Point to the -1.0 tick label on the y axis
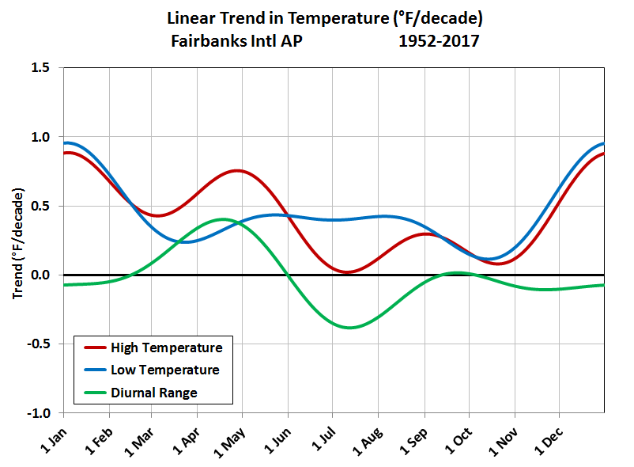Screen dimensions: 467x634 [x=39, y=413]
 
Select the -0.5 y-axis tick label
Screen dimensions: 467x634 [x=39, y=344]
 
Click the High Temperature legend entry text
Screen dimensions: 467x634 [x=166, y=347]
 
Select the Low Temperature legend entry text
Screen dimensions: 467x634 [x=164, y=370]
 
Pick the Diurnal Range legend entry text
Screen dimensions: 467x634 [x=153, y=392]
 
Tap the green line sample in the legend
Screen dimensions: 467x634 [x=92, y=392]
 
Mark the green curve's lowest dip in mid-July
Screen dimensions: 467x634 [x=349, y=328]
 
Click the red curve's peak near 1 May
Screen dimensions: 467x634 [x=238, y=170]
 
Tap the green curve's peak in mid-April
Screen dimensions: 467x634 [x=222, y=219]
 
